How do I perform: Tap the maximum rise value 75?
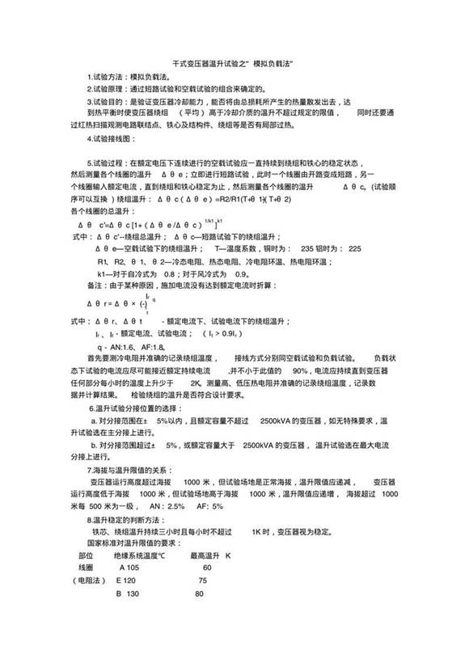(x=202, y=581)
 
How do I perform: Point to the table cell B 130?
(x=130, y=594)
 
